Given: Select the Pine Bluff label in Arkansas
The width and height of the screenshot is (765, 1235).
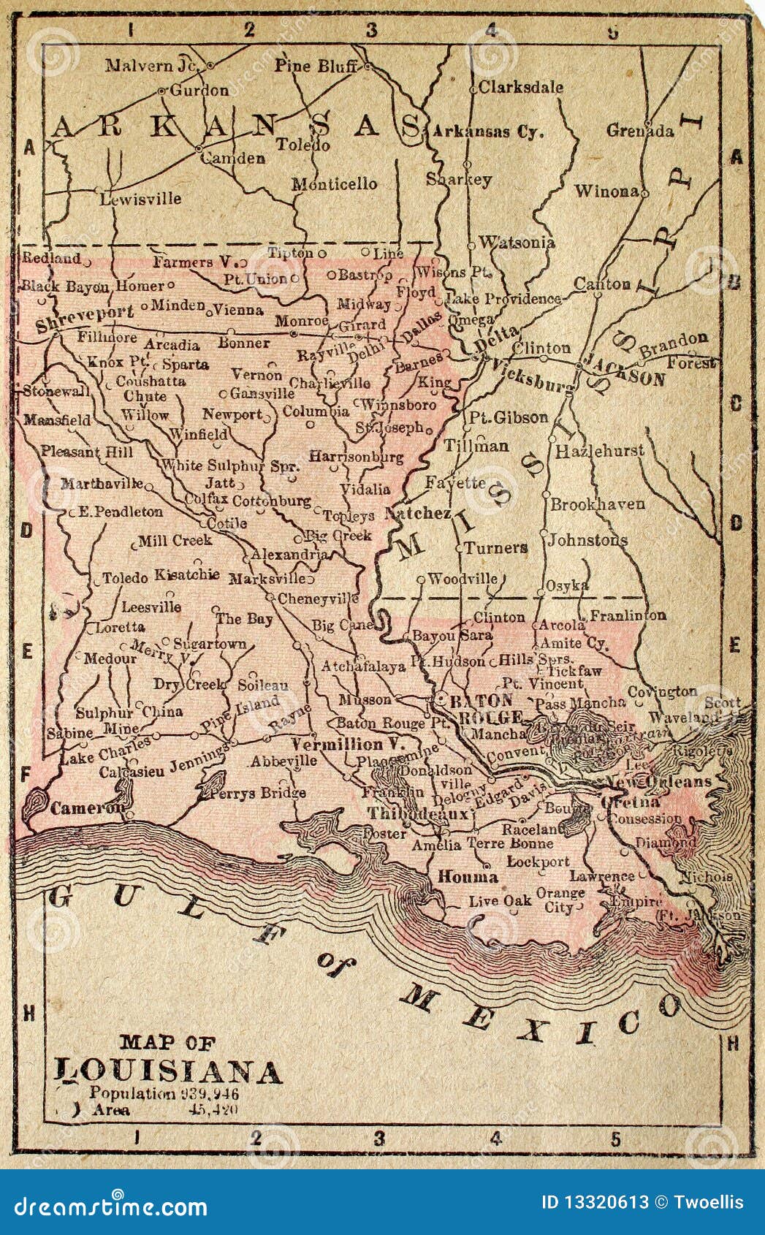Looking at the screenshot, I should (316, 66).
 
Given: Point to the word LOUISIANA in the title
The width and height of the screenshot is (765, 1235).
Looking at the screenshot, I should (169, 1071).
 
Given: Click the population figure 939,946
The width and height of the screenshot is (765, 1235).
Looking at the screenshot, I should (208, 1093).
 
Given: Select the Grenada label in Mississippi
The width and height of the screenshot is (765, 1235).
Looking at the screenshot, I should (640, 132).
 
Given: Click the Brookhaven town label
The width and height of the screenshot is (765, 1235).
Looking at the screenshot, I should (597, 504).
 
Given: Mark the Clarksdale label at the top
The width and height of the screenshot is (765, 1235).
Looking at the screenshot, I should (521, 87).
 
